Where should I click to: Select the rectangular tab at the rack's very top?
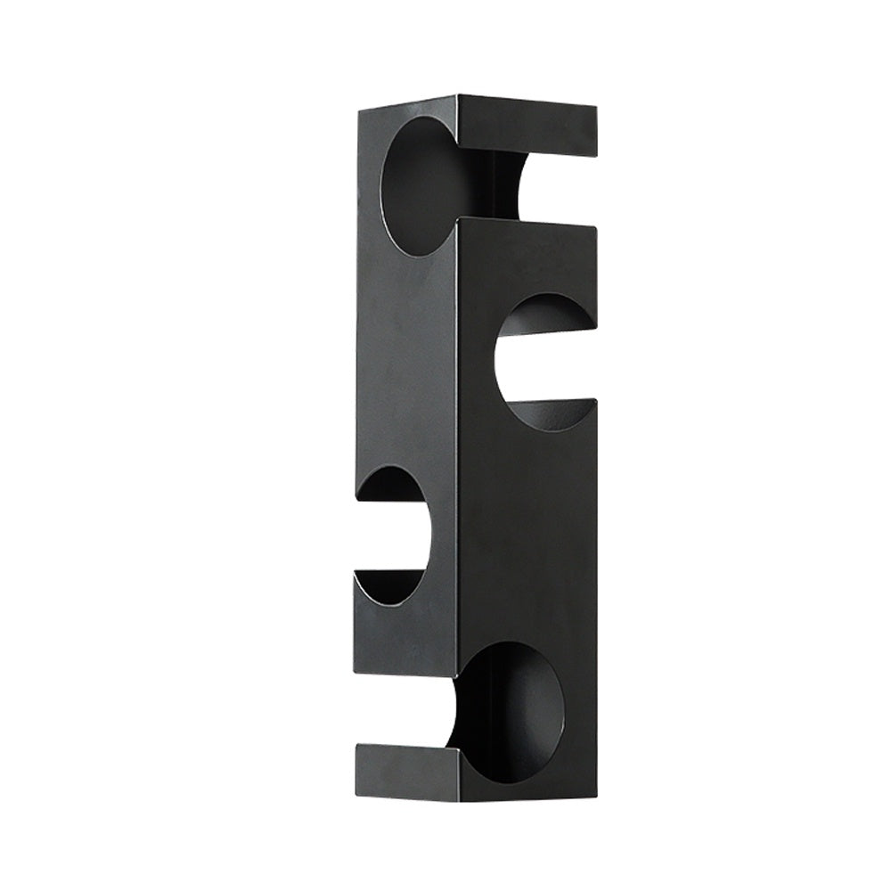tap(527, 125)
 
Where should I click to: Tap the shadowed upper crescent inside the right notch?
tap(545, 310)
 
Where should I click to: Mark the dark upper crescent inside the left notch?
tap(392, 482)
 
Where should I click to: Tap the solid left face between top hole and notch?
tap(405, 356)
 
